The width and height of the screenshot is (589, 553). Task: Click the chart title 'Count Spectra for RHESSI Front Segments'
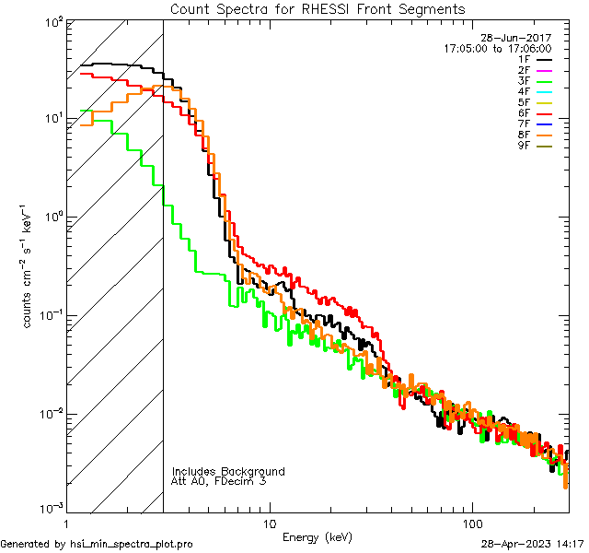pos(318,9)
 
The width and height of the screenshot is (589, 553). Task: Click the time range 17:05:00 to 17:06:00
pos(497,48)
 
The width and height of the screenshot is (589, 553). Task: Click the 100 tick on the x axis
pos(471,522)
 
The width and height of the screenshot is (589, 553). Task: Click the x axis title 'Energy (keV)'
pos(318,536)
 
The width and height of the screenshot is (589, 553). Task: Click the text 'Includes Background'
pos(227,471)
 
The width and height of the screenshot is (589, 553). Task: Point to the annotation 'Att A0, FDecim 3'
pos(219,481)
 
